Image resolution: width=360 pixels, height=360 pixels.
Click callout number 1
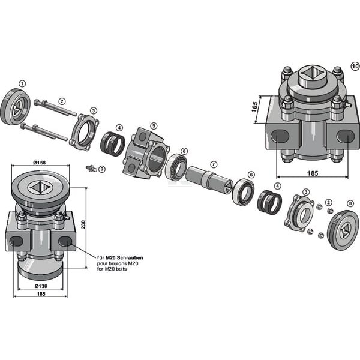click(22, 84)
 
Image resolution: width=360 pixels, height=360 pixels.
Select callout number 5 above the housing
click(154, 126)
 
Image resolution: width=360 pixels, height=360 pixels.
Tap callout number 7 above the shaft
click(214, 164)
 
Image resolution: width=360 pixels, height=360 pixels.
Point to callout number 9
click(102, 169)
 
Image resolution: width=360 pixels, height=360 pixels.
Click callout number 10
click(355, 67)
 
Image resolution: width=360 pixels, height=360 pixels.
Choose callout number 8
click(350, 203)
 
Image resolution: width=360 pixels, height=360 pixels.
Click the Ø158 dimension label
click(40, 163)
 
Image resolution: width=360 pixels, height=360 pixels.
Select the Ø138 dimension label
click(41, 286)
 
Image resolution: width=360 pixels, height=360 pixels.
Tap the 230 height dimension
click(83, 224)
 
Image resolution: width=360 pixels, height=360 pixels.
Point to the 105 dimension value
click(254, 107)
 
